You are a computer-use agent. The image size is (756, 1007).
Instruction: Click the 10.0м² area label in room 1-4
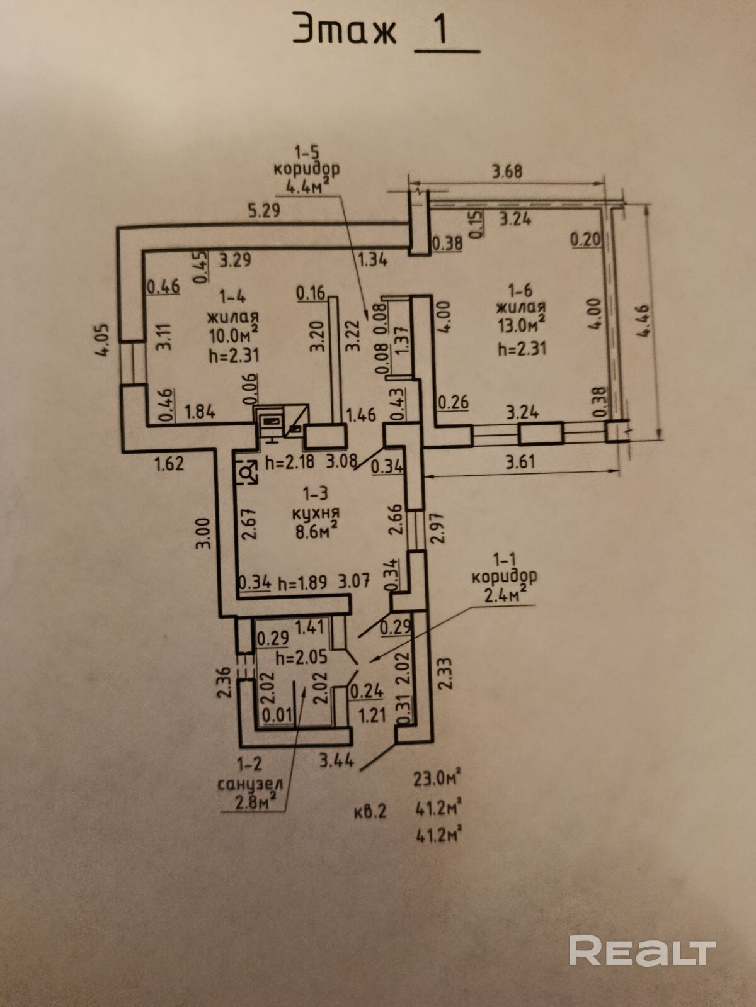coord(234,334)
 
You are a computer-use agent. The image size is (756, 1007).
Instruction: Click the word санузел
coord(250,784)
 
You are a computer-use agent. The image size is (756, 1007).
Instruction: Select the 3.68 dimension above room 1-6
coord(507,171)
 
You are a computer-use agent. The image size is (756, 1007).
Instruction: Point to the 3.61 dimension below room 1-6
coord(520,461)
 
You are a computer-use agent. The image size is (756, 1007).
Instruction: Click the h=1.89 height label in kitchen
coord(302,582)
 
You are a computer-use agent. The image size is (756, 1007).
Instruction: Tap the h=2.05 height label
coord(302,657)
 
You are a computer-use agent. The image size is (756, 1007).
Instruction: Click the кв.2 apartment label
coord(369,811)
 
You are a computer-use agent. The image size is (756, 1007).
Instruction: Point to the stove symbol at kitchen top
coord(273,421)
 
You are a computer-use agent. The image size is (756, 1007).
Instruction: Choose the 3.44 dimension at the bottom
coord(336,761)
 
